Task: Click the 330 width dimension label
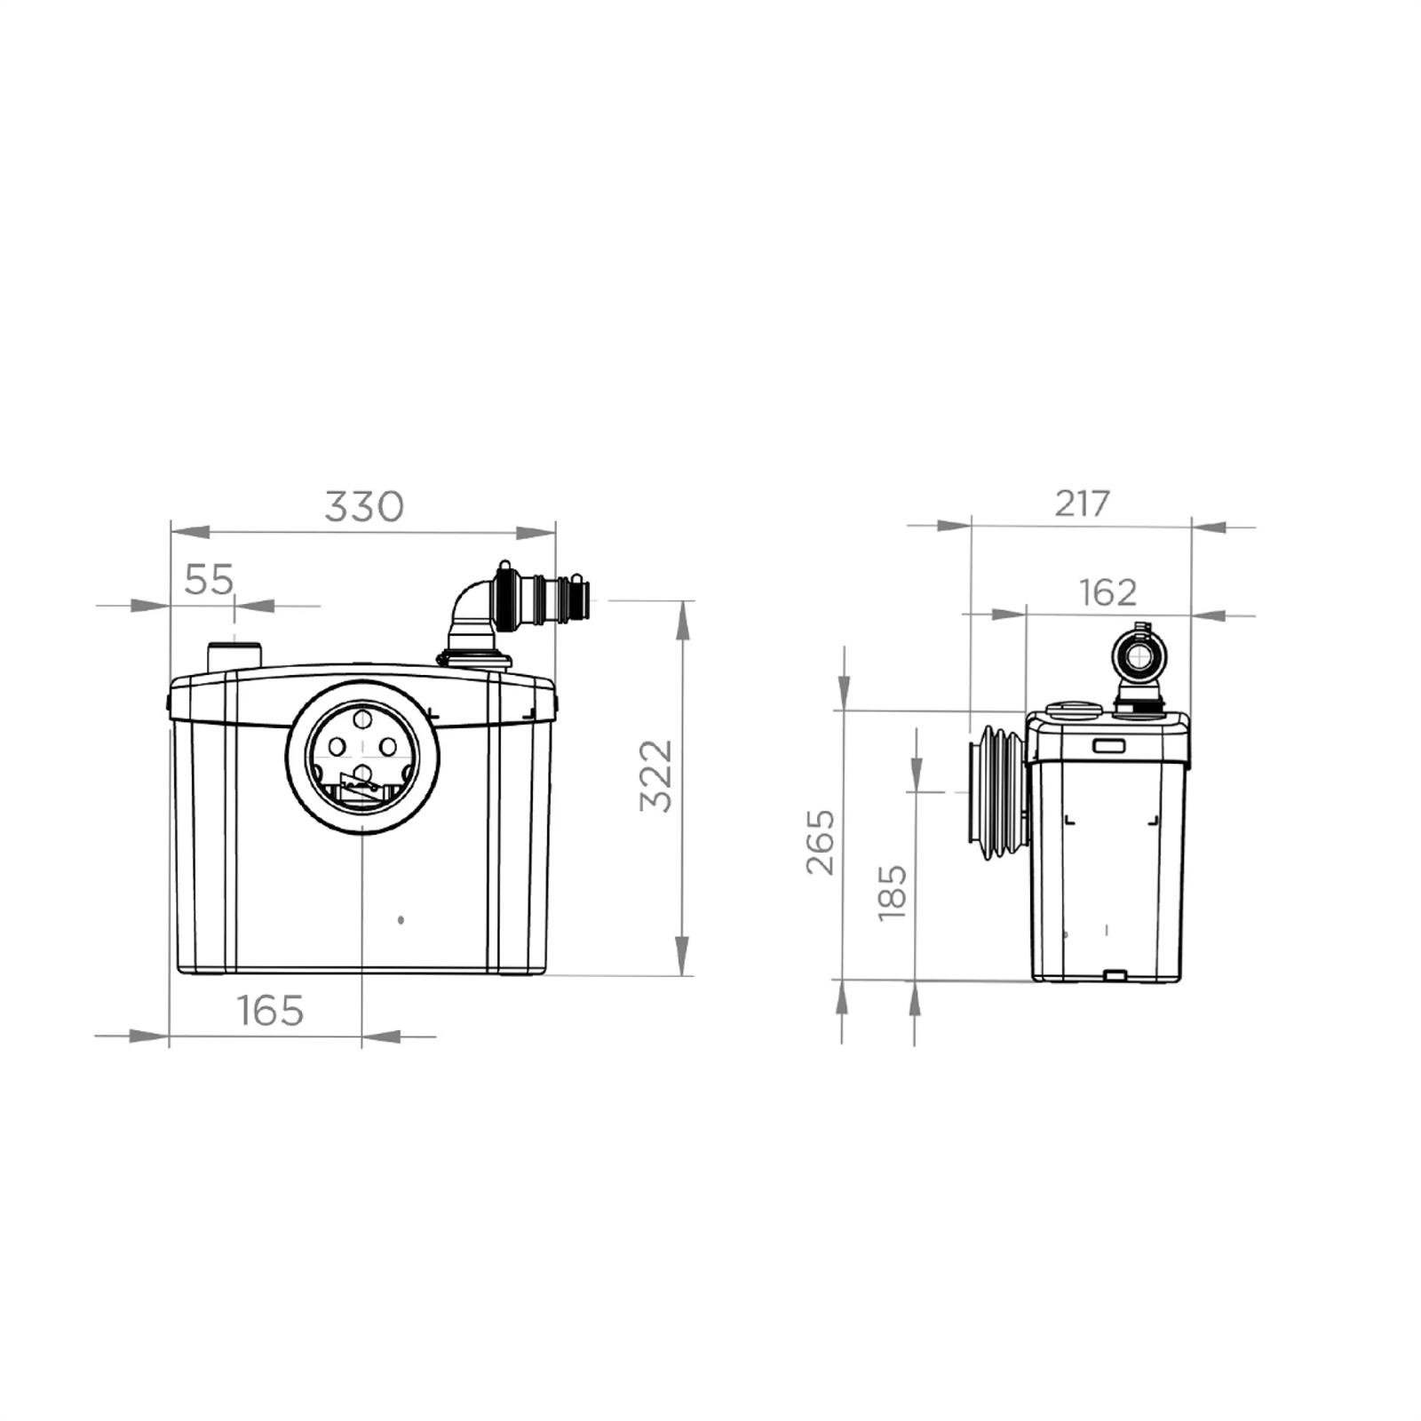[x=363, y=506]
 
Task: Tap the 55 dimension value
[x=209, y=580]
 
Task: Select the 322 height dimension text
[x=657, y=775]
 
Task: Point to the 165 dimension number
[x=270, y=1011]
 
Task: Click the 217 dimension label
[x=1083, y=504]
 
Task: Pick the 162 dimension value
[x=1107, y=592]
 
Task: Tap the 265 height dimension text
[x=821, y=841]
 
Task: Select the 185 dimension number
[x=892, y=892]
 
